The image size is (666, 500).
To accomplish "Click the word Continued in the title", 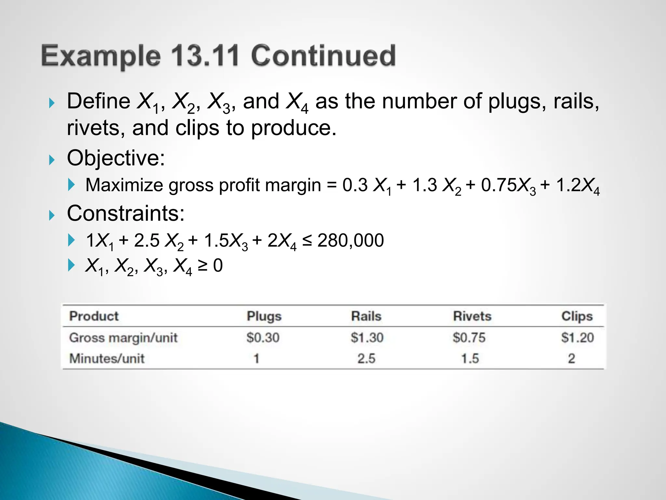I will pos(323,56).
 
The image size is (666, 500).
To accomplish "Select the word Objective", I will pos(115,158).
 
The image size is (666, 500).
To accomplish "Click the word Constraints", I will pos(126,214).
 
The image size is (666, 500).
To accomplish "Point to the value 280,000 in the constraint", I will pos(350,241).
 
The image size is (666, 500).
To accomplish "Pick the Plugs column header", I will pos(264,316).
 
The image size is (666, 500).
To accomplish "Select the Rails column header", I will pos(366,316).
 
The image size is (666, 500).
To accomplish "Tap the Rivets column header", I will pos(472,316).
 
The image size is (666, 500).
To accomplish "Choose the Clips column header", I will pos(577,316).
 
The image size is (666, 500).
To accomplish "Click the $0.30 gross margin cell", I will pos(263,338).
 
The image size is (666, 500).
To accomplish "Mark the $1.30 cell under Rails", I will pos(367,338).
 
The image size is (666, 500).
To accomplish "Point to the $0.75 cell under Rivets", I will pos(469,338).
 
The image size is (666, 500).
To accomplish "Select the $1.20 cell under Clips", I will pos(577,338).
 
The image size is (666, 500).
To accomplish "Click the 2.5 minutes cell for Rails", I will pos(366,359).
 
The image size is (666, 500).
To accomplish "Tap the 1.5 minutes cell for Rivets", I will pos(470,359).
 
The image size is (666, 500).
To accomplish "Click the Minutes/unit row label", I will pos(107,359).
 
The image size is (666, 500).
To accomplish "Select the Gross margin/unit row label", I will pos(123,338).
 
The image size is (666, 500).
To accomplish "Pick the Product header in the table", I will pos(94,316).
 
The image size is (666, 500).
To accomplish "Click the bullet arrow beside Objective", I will pos(52,160).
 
